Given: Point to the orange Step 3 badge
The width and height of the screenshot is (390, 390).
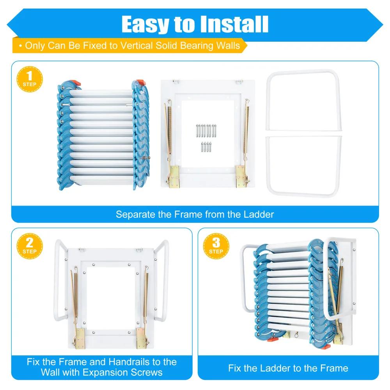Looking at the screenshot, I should click(x=216, y=246).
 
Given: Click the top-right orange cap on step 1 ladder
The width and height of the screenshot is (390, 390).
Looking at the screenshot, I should click(x=140, y=83).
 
